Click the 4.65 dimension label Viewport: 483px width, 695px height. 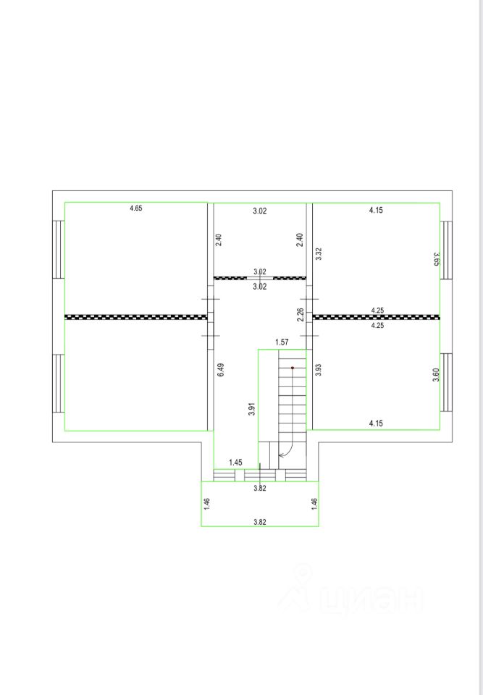(x=135, y=208)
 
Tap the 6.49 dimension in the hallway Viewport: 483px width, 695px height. (x=221, y=370)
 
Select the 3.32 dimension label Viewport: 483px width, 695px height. (x=318, y=253)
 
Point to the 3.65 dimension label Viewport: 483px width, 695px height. (x=437, y=258)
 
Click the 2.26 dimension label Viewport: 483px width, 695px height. (x=301, y=315)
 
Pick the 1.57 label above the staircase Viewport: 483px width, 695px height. (x=282, y=342)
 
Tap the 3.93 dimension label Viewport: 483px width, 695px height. (x=318, y=370)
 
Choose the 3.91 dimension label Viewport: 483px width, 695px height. (x=251, y=408)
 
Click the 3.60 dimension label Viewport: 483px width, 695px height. (x=437, y=375)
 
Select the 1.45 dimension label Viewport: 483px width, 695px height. (x=235, y=463)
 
